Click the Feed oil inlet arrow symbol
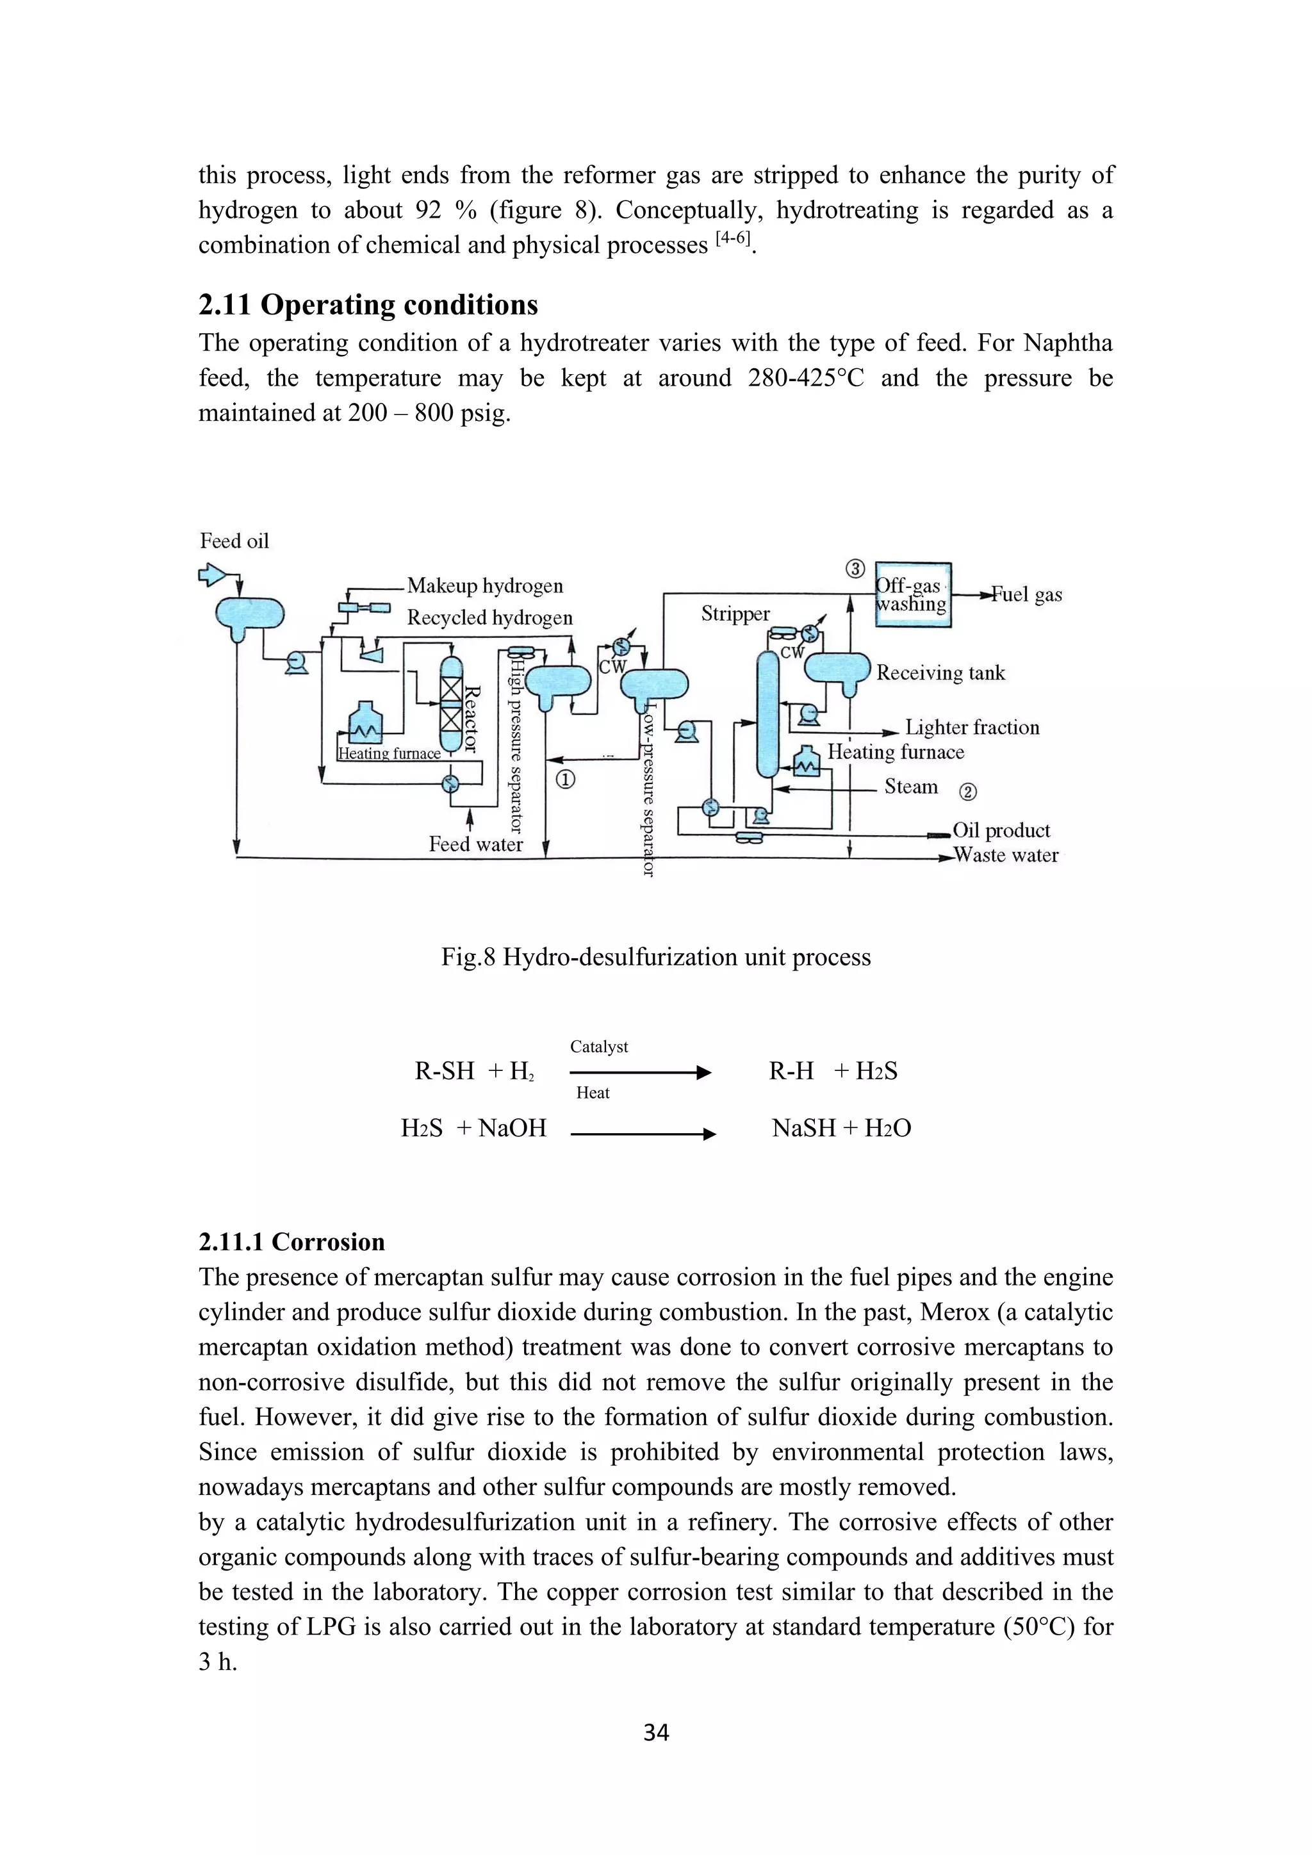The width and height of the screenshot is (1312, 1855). point(211,575)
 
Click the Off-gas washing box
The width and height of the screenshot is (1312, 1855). point(913,596)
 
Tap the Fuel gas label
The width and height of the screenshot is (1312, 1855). point(1026,594)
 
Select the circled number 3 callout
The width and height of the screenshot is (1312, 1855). point(855,569)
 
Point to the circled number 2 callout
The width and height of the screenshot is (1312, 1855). point(967,792)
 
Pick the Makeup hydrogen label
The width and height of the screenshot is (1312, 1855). point(485,585)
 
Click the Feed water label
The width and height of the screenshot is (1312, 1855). point(475,844)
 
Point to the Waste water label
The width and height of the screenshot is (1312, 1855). point(1005,854)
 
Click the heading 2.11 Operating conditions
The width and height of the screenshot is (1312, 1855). point(368,305)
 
